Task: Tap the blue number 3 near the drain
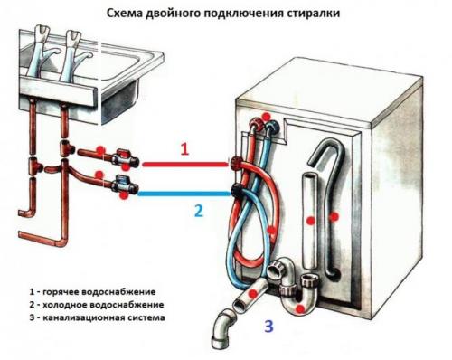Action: (268, 326)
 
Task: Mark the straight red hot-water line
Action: (181, 165)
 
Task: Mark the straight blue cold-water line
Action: (181, 192)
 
